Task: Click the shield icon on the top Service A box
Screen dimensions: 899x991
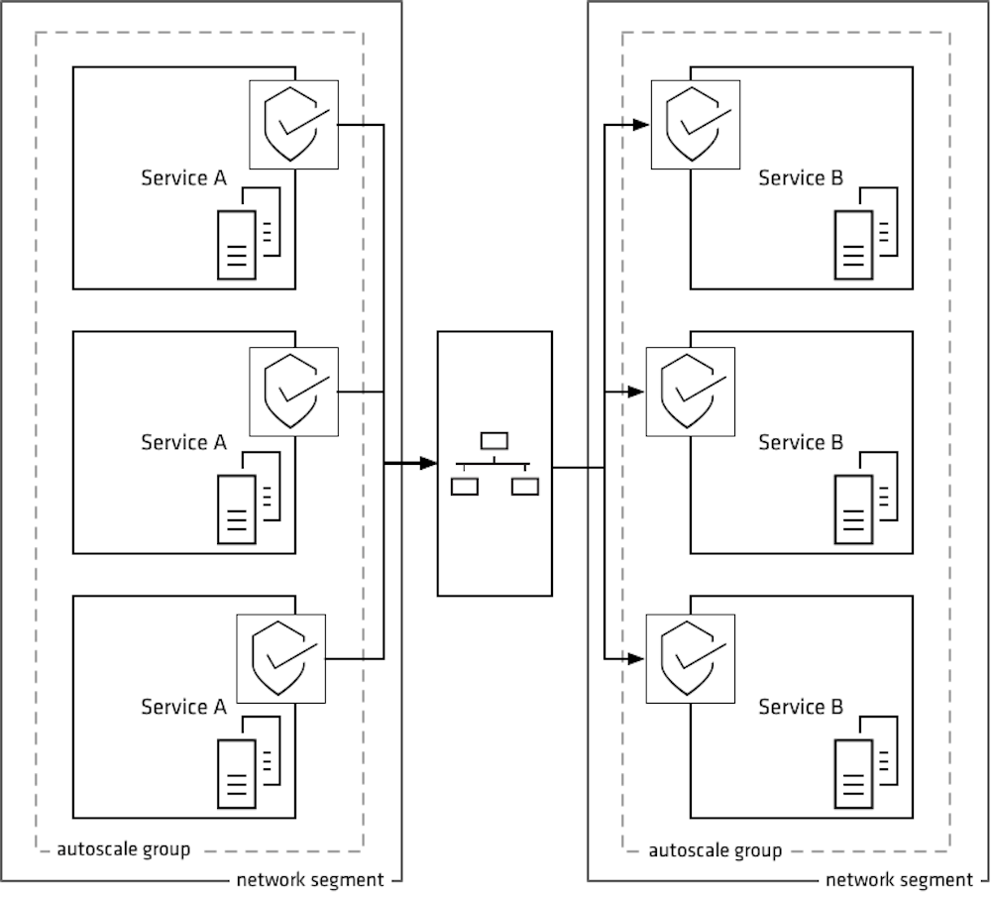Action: click(293, 125)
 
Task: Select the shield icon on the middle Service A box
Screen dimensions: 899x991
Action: click(293, 392)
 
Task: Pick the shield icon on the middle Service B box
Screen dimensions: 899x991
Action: click(691, 392)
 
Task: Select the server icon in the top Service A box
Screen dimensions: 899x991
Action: click(249, 233)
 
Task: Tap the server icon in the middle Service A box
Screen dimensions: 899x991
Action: click(249, 498)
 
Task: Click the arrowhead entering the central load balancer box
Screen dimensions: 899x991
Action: click(427, 463)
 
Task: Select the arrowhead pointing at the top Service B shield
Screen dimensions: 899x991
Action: click(641, 125)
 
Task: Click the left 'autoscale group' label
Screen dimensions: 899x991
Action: click(123, 849)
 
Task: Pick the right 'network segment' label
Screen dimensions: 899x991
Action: click(899, 880)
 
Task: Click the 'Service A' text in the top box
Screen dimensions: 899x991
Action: click(183, 178)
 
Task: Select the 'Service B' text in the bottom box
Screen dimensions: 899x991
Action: click(801, 707)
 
